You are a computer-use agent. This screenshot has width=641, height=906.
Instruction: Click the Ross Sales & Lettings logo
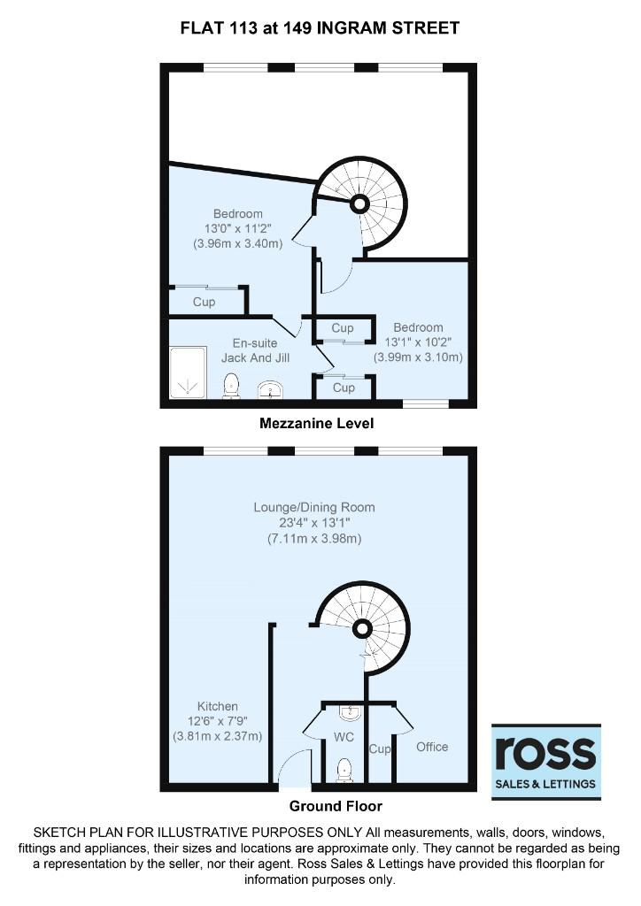[545, 762]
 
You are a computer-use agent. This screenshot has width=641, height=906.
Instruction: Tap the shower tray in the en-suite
[188, 372]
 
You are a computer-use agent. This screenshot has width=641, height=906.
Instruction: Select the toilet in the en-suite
[231, 386]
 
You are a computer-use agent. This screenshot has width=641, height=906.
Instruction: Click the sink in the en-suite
[271, 390]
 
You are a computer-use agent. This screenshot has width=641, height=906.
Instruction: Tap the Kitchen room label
[217, 706]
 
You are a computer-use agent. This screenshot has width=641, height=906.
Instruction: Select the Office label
[432, 747]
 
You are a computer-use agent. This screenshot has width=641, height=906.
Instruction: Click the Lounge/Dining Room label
[314, 507]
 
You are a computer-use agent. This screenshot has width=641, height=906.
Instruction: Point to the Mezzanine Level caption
[317, 424]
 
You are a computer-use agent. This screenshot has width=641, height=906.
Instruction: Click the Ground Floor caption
[336, 806]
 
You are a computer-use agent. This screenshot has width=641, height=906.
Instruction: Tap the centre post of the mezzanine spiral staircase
[359, 203]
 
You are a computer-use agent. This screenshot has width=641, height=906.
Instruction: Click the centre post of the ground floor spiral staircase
[362, 628]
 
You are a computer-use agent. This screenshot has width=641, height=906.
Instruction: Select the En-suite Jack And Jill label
[255, 350]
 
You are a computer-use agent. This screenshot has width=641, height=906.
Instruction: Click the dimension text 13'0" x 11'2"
[237, 228]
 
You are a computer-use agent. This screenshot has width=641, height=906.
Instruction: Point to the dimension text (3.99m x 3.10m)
[418, 357]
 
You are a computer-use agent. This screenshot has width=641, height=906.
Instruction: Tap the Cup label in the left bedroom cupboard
[204, 302]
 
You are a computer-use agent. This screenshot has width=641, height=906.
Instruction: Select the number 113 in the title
[238, 27]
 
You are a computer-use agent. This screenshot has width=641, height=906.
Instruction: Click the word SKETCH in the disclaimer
[58, 833]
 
